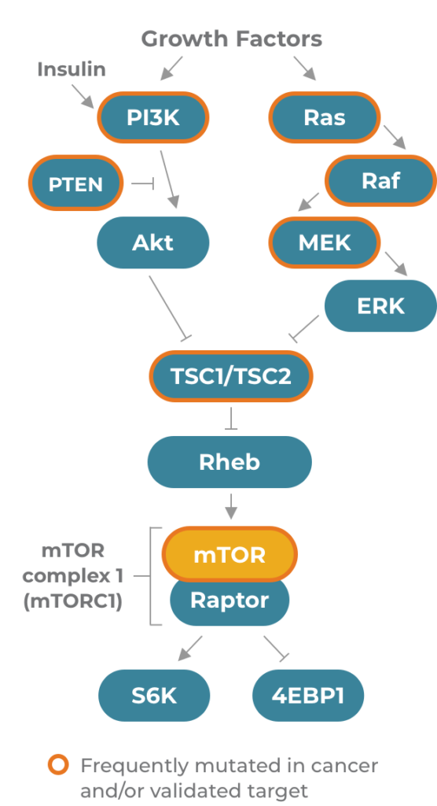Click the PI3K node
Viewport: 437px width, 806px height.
[x=153, y=117]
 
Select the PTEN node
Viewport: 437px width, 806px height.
[x=76, y=183]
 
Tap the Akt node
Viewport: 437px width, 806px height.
[x=153, y=242]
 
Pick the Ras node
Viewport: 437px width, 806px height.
[x=325, y=117]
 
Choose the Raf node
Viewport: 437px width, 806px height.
[x=380, y=180]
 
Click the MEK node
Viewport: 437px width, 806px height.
[x=325, y=242]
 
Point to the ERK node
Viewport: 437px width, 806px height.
[x=380, y=306]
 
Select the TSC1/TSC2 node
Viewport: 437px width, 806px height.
[x=230, y=376]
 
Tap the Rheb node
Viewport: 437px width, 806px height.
[x=230, y=462]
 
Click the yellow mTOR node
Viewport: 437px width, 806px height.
[x=230, y=554]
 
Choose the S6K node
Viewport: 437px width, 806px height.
[x=154, y=696]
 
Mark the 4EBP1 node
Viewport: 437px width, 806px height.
[x=308, y=696]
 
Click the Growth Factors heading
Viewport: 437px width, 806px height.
[x=232, y=39]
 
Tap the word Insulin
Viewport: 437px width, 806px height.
[x=72, y=69]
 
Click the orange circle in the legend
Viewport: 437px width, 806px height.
[x=58, y=764]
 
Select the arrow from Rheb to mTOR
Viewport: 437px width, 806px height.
[x=231, y=506]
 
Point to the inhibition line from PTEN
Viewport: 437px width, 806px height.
[x=143, y=183]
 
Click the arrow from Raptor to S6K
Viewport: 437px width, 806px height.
[x=190, y=649]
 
